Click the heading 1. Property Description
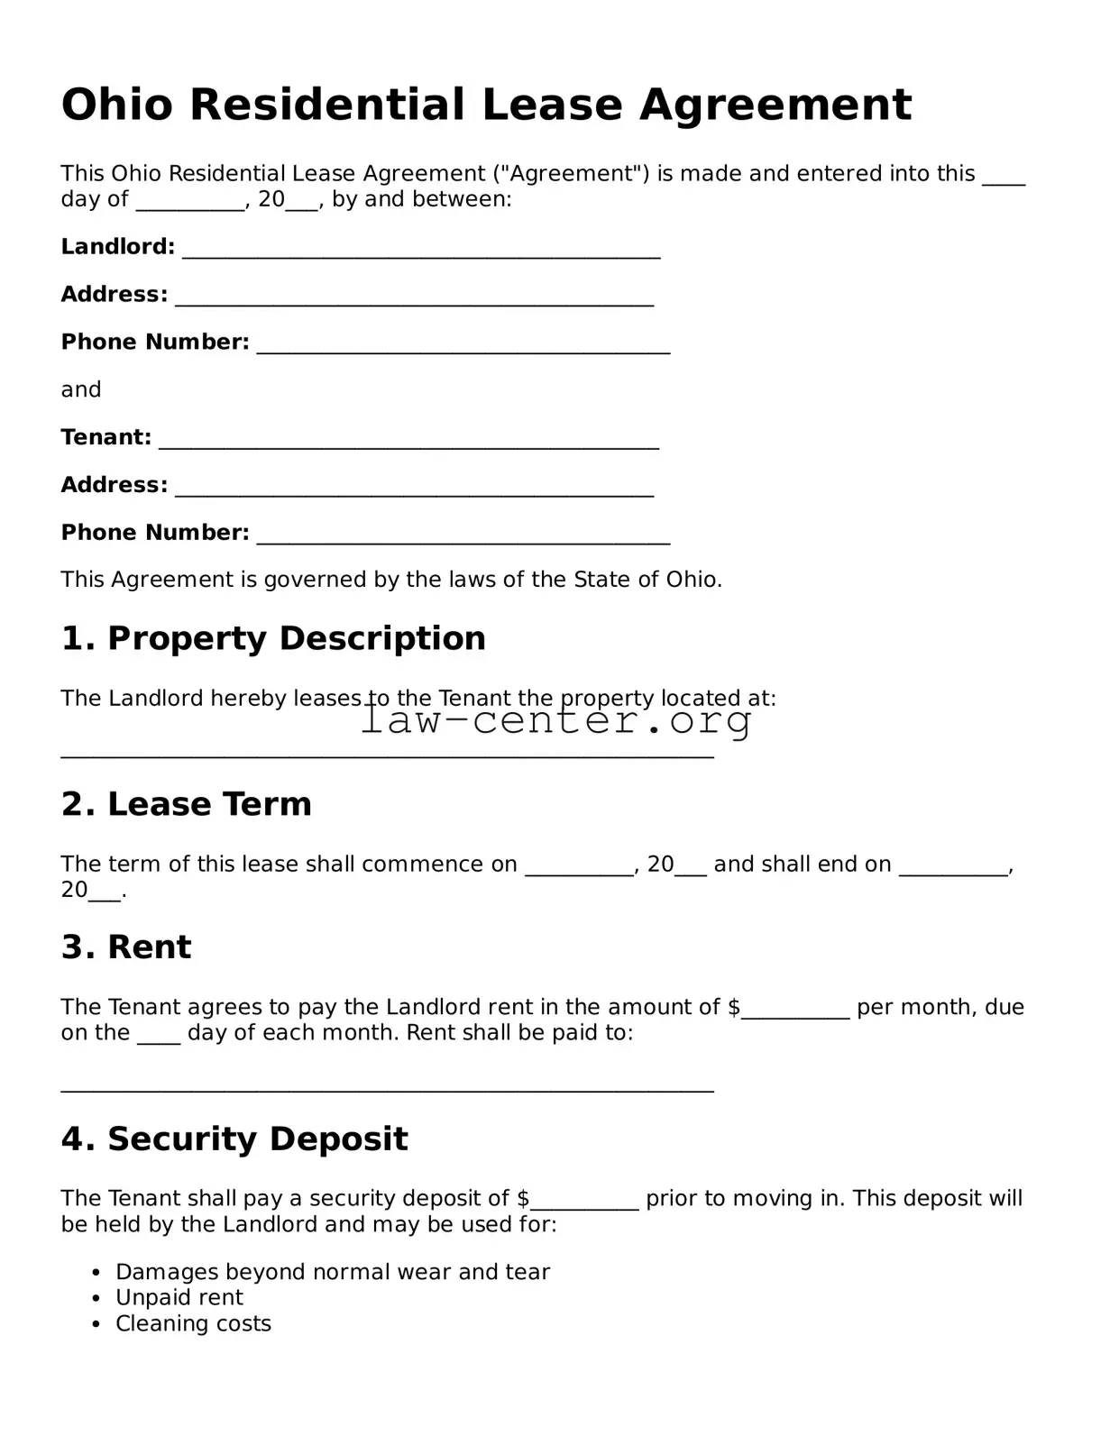[273, 638]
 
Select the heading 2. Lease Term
[187, 804]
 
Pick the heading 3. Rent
[126, 947]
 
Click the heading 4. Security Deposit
[234, 1139]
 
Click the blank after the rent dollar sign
[795, 1013]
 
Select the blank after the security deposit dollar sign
[584, 1204]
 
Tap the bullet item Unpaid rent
[179, 1298]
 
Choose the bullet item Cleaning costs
[193, 1324]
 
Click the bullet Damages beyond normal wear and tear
[332, 1272]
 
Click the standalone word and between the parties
[81, 390]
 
